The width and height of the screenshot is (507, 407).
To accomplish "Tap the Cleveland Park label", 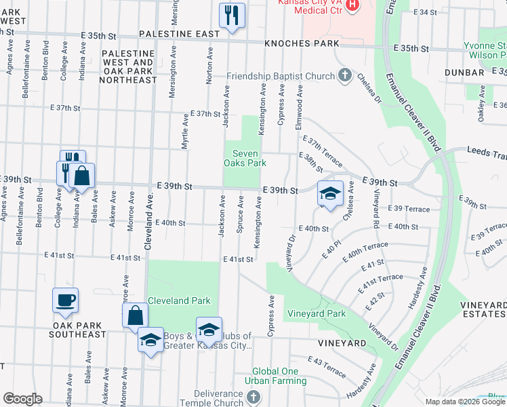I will pyautogui.click(x=179, y=301).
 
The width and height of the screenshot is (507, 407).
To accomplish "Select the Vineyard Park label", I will pyautogui.click(x=317, y=313).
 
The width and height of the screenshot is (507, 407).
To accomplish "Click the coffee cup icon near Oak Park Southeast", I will pyautogui.click(x=65, y=301).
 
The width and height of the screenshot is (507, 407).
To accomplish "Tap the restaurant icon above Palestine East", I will pyautogui.click(x=232, y=14).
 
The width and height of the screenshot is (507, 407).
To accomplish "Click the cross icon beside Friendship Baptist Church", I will pyautogui.click(x=344, y=75).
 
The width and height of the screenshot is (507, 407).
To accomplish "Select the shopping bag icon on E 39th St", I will pyautogui.click(x=81, y=176).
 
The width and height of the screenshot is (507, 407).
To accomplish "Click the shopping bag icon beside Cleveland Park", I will pyautogui.click(x=135, y=315).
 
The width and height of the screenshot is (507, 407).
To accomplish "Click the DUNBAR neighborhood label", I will pyautogui.click(x=464, y=72).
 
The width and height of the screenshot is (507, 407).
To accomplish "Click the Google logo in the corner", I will pyautogui.click(x=22, y=399).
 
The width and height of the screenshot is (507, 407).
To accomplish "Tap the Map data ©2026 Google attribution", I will pyautogui.click(x=465, y=402).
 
